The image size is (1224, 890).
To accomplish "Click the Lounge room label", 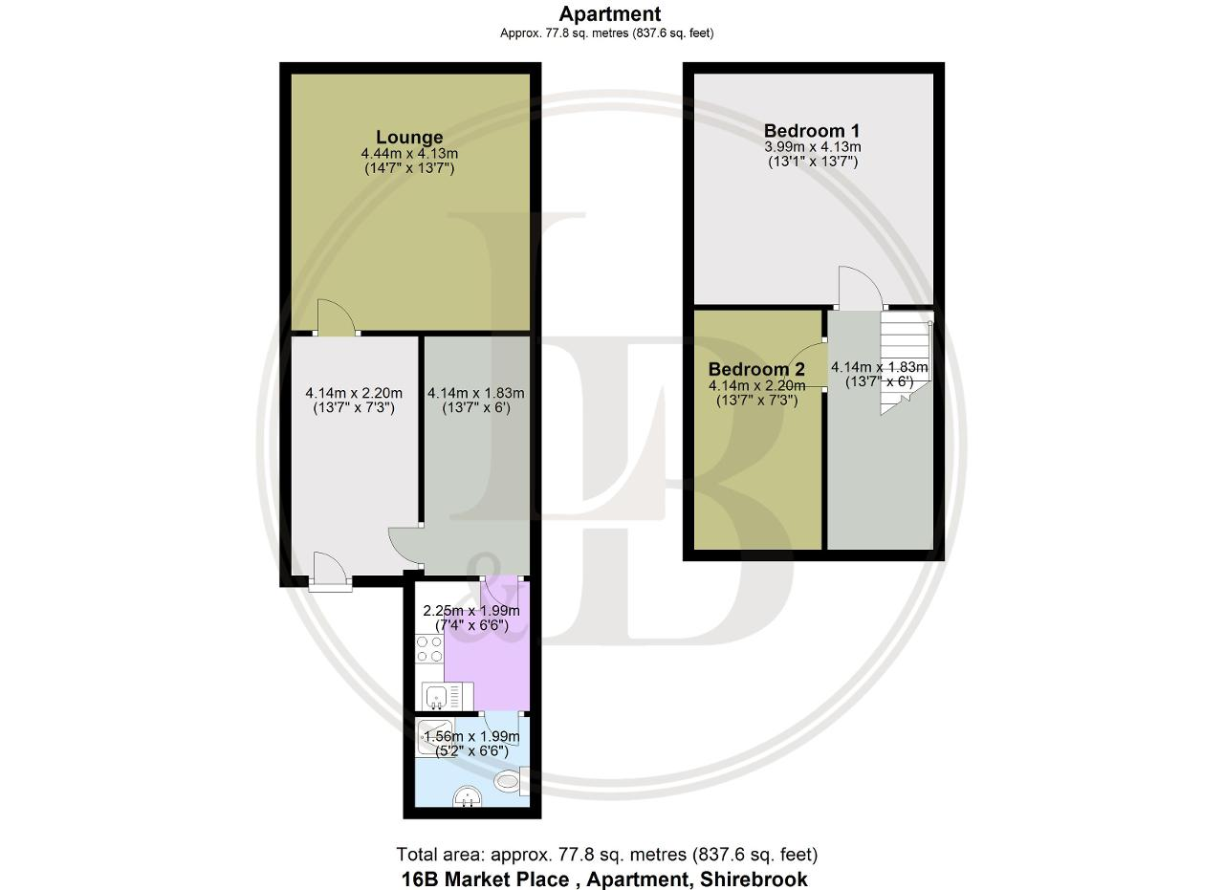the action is pyautogui.click(x=409, y=137).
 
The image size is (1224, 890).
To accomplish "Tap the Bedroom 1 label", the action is pyautogui.click(x=812, y=131).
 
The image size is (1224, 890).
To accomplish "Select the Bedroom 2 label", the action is pyautogui.click(x=756, y=369).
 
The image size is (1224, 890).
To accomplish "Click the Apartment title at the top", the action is pyautogui.click(x=610, y=13).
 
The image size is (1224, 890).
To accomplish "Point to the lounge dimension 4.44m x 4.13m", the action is pyautogui.click(x=409, y=154).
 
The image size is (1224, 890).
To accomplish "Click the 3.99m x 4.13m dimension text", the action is pyautogui.click(x=813, y=147).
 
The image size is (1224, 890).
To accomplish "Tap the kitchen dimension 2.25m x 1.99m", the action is pyautogui.click(x=471, y=610).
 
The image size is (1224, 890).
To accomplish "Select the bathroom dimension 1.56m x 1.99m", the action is pyautogui.click(x=471, y=736).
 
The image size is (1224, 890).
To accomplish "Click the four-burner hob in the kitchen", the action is pyautogui.click(x=429, y=648).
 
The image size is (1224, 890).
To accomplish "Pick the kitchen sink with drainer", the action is pyautogui.click(x=448, y=697).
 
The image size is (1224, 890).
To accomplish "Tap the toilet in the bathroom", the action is pyautogui.click(x=512, y=781).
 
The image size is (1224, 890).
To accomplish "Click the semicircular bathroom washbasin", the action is pyautogui.click(x=468, y=796).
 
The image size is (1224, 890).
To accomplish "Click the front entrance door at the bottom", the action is pyautogui.click(x=330, y=572).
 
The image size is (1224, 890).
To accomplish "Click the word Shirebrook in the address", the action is pyautogui.click(x=754, y=879).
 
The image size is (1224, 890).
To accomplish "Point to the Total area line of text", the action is pyautogui.click(x=606, y=854).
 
